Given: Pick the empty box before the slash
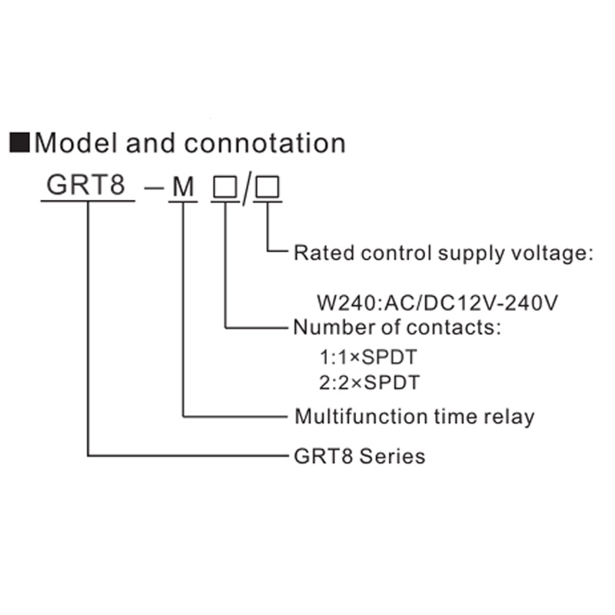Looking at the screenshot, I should click(224, 187).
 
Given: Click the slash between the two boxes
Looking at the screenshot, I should click(245, 189).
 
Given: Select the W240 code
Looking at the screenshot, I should click(337, 302).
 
